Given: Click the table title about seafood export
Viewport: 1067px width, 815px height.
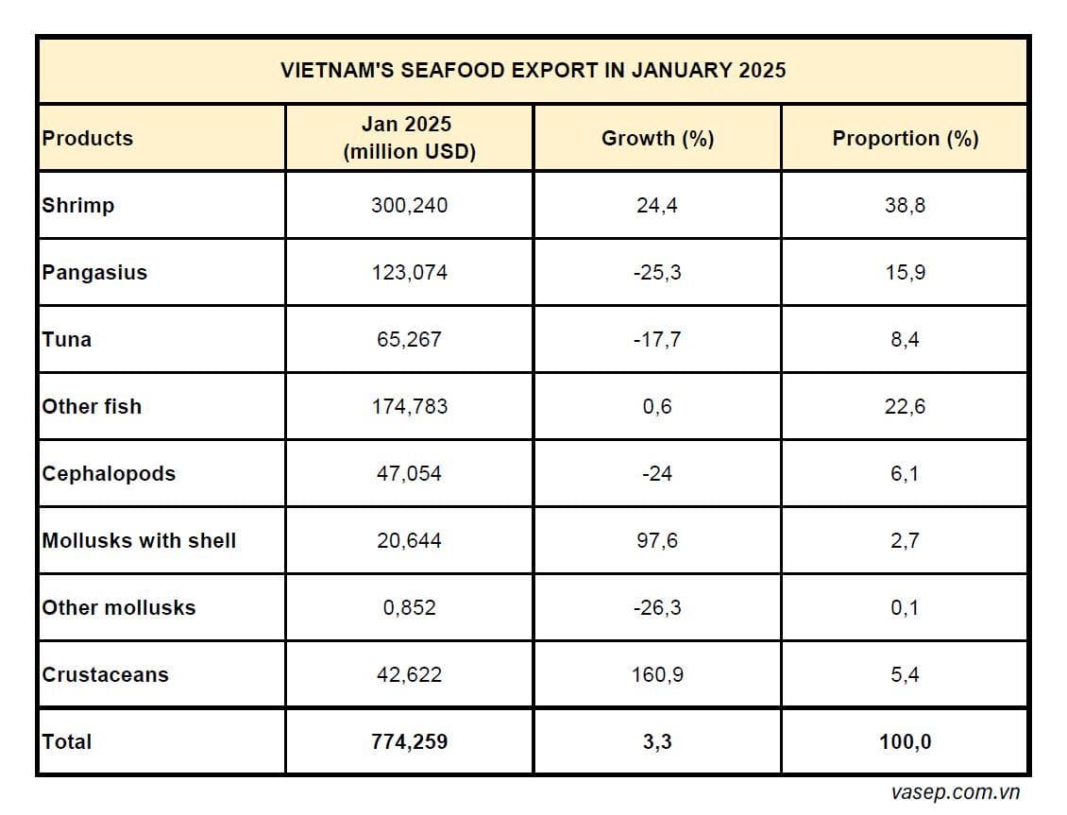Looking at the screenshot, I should [533, 71].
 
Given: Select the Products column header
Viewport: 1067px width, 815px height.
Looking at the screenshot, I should [88, 138].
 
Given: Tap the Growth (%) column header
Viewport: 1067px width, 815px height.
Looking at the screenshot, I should [657, 138].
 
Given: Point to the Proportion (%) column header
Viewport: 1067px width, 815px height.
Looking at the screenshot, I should [905, 138].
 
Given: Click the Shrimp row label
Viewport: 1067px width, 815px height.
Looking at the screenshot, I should [78, 205].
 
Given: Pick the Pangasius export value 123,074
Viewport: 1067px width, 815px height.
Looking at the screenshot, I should [410, 273].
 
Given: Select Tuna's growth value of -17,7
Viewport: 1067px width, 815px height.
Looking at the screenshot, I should [657, 340].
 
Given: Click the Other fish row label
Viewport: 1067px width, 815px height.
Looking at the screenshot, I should [92, 407].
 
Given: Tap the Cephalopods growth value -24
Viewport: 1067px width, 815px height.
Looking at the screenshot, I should [657, 474].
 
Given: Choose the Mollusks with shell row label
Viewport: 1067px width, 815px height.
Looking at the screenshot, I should [139, 541].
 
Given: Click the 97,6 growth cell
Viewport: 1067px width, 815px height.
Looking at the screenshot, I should [657, 541].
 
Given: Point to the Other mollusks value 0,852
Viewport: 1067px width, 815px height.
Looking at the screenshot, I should [410, 608].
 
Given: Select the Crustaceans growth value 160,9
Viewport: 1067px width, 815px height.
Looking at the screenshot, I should [657, 675].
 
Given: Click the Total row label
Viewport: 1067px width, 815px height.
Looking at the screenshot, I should [67, 742].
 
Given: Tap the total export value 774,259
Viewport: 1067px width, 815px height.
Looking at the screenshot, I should [410, 742].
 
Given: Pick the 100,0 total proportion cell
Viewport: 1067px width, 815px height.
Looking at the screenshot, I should [905, 742].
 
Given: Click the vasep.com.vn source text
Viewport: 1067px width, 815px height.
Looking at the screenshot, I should [955, 793].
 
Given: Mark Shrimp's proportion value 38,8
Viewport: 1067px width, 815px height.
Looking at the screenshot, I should [905, 205].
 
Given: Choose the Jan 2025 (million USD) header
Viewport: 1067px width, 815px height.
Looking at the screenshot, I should [410, 138].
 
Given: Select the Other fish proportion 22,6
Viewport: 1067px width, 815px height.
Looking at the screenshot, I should [905, 407].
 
